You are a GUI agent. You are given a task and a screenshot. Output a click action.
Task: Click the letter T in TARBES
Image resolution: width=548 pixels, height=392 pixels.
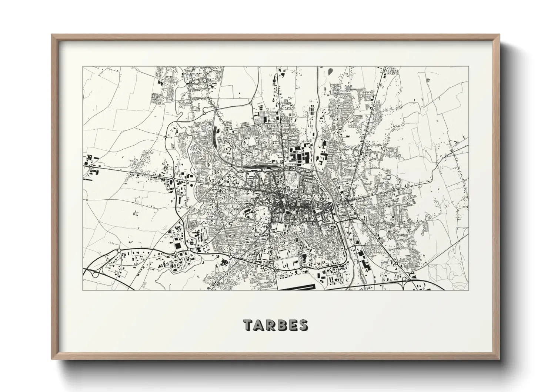[248, 325]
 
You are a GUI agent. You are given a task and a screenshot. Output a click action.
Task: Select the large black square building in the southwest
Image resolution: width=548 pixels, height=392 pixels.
[178, 246]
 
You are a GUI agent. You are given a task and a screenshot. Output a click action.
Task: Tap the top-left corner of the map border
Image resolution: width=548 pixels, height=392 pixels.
[83, 67]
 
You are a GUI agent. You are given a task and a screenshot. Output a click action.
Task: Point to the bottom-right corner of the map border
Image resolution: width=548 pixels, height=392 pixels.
[469, 290]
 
